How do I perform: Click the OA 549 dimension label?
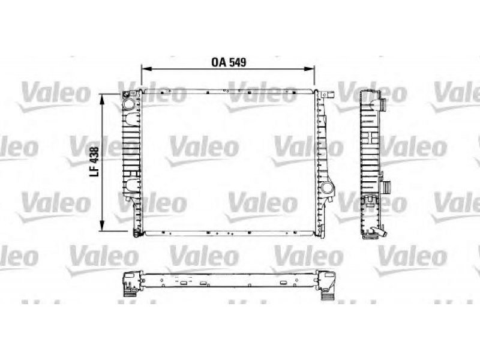[x=229, y=62]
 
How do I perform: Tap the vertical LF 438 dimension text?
[x=94, y=161]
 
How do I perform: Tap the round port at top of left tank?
[x=128, y=103]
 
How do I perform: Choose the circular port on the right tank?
[x=326, y=187]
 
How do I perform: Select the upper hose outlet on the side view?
[x=383, y=105]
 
